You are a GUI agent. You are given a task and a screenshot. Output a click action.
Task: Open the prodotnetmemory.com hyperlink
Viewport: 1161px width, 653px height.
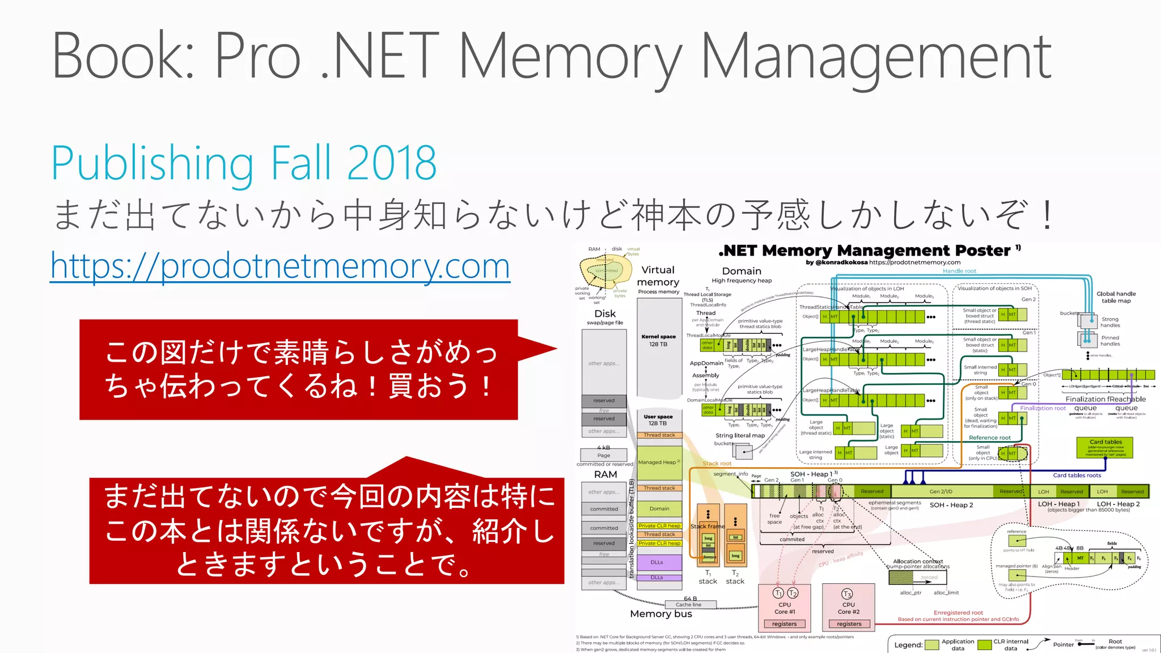point(280,266)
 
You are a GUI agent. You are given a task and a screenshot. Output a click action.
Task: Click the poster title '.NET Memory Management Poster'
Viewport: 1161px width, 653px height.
point(867,251)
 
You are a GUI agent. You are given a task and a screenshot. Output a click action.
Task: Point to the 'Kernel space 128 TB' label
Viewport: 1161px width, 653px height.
point(658,340)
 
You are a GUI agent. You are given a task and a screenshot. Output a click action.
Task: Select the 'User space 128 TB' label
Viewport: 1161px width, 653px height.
point(658,420)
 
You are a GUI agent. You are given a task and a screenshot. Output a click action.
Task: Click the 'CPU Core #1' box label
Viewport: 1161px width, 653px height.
point(785,608)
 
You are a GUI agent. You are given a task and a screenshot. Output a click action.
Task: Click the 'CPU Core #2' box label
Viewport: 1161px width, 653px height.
point(848,608)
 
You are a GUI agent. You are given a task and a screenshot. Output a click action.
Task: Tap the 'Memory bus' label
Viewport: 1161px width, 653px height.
point(660,614)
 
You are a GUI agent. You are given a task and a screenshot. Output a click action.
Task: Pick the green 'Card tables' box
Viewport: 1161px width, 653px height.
point(1104,447)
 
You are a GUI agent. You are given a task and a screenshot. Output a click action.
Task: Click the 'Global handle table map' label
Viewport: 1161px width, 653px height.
point(1116,297)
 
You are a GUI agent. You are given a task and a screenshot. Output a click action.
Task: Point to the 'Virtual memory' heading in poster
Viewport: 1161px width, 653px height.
point(658,276)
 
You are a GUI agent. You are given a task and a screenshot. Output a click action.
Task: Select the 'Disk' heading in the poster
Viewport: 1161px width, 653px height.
point(605,314)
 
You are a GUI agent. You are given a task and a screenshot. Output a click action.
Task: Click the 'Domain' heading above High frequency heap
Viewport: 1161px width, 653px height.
point(741,272)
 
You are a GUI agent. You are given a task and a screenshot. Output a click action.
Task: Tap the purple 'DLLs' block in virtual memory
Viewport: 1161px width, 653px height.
point(658,562)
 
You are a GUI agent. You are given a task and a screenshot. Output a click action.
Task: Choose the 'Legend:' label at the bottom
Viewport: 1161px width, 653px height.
point(908,645)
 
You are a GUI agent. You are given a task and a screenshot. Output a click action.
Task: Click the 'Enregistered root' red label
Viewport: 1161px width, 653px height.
point(958,613)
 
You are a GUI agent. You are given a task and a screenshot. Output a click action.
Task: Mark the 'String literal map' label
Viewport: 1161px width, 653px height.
point(740,435)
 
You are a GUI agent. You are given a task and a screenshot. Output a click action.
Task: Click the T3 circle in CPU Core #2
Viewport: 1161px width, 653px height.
point(847,593)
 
